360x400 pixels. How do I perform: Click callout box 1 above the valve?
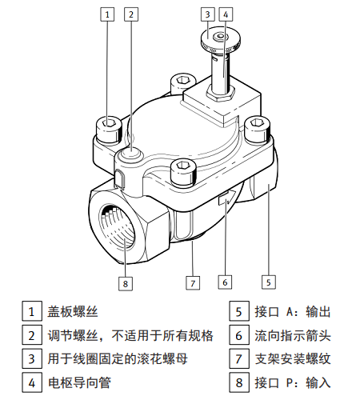point(107,14)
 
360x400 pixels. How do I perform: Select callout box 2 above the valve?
point(131,14)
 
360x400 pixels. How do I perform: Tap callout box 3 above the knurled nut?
point(208,14)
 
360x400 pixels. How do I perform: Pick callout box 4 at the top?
point(226,14)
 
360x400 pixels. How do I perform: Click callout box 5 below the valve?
point(268,282)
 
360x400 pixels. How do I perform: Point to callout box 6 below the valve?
point(225,282)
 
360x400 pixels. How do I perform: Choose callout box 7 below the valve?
point(193,283)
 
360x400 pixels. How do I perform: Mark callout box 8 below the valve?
point(126,283)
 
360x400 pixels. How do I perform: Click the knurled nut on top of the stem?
point(221,39)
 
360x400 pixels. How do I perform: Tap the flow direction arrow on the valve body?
point(227,198)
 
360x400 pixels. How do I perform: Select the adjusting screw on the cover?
point(131,154)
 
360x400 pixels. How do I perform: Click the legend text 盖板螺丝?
point(73,311)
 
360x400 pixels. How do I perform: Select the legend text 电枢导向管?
point(79,382)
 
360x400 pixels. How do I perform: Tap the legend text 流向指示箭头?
point(293,335)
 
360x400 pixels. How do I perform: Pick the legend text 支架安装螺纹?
point(293,359)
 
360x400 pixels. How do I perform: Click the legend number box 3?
point(32,359)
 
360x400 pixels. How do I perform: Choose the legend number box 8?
point(239,382)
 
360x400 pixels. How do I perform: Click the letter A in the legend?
point(290,312)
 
